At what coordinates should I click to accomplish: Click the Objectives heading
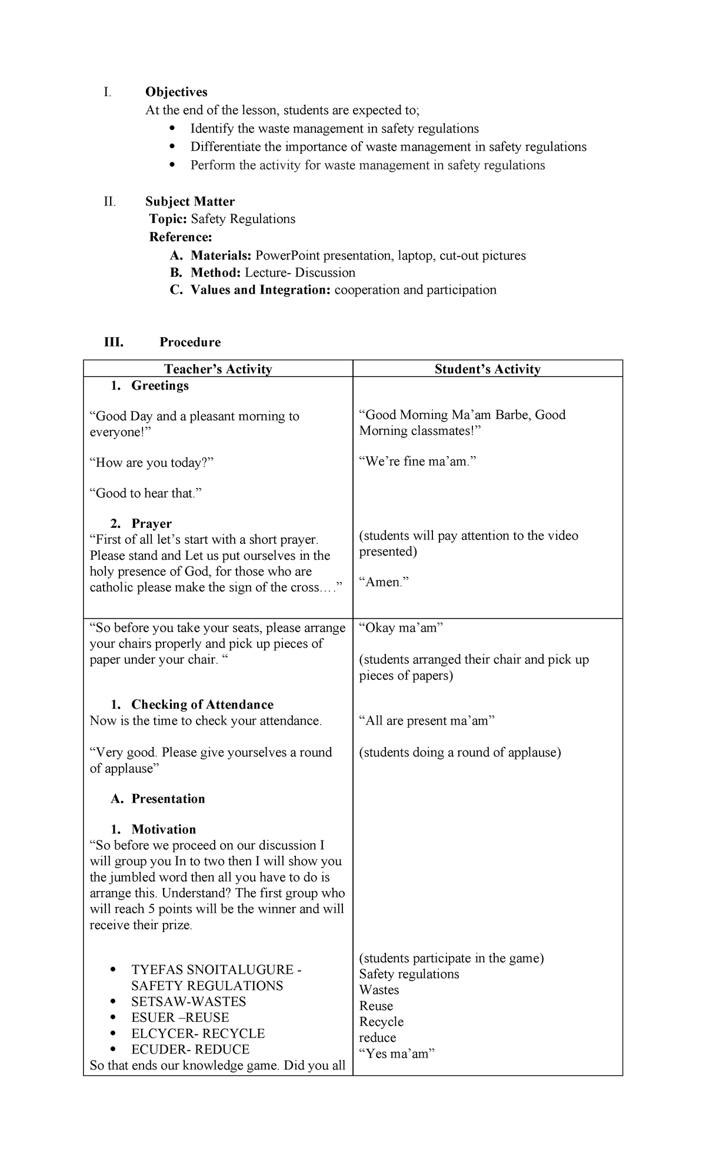pyautogui.click(x=176, y=92)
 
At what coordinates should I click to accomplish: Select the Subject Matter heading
pyautogui.click(x=190, y=201)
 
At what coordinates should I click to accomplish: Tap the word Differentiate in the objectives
pyautogui.click(x=226, y=147)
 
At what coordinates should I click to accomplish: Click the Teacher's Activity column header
pyautogui.click(x=218, y=369)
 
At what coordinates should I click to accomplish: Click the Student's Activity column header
pyautogui.click(x=487, y=369)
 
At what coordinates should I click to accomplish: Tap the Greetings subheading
pyautogui.click(x=159, y=386)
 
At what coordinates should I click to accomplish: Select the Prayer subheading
pyautogui.click(x=151, y=524)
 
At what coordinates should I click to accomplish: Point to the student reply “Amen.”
pyautogui.click(x=384, y=582)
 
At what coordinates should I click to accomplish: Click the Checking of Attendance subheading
pyautogui.click(x=202, y=705)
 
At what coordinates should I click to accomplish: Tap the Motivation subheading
pyautogui.click(x=163, y=829)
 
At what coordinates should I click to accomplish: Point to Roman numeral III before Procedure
pyautogui.click(x=114, y=343)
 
